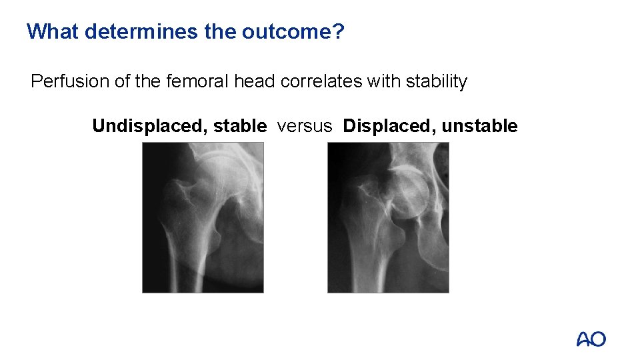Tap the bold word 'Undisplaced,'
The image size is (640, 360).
149,126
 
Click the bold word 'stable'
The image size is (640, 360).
240,126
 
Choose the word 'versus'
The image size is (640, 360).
304,126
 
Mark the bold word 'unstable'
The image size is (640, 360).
479,126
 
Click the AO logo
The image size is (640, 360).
591,339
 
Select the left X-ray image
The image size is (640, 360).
203,217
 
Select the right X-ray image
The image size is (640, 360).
388,217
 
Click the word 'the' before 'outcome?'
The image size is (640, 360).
221,31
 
